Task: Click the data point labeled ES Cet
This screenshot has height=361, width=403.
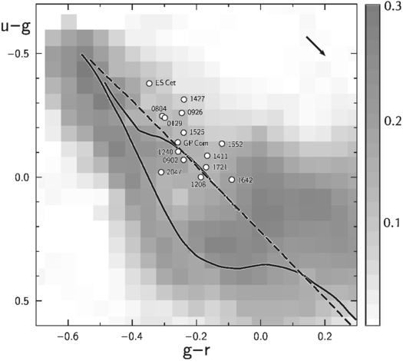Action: (x=150, y=83)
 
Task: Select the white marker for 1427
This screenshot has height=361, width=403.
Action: (x=184, y=99)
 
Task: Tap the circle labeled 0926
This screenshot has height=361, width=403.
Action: (x=182, y=113)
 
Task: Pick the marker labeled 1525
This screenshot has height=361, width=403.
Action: (x=184, y=132)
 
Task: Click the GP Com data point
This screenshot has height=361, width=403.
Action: (x=178, y=142)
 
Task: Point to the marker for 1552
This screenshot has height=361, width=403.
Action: (x=222, y=144)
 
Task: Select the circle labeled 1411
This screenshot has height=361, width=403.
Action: (x=207, y=156)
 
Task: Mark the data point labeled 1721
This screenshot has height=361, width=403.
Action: (x=206, y=167)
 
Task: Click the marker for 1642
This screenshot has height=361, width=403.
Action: (x=232, y=180)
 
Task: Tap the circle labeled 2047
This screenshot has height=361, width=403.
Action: (x=161, y=172)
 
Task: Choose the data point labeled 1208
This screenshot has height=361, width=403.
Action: (x=201, y=177)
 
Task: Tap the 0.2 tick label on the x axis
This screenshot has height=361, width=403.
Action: (x=325, y=336)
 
